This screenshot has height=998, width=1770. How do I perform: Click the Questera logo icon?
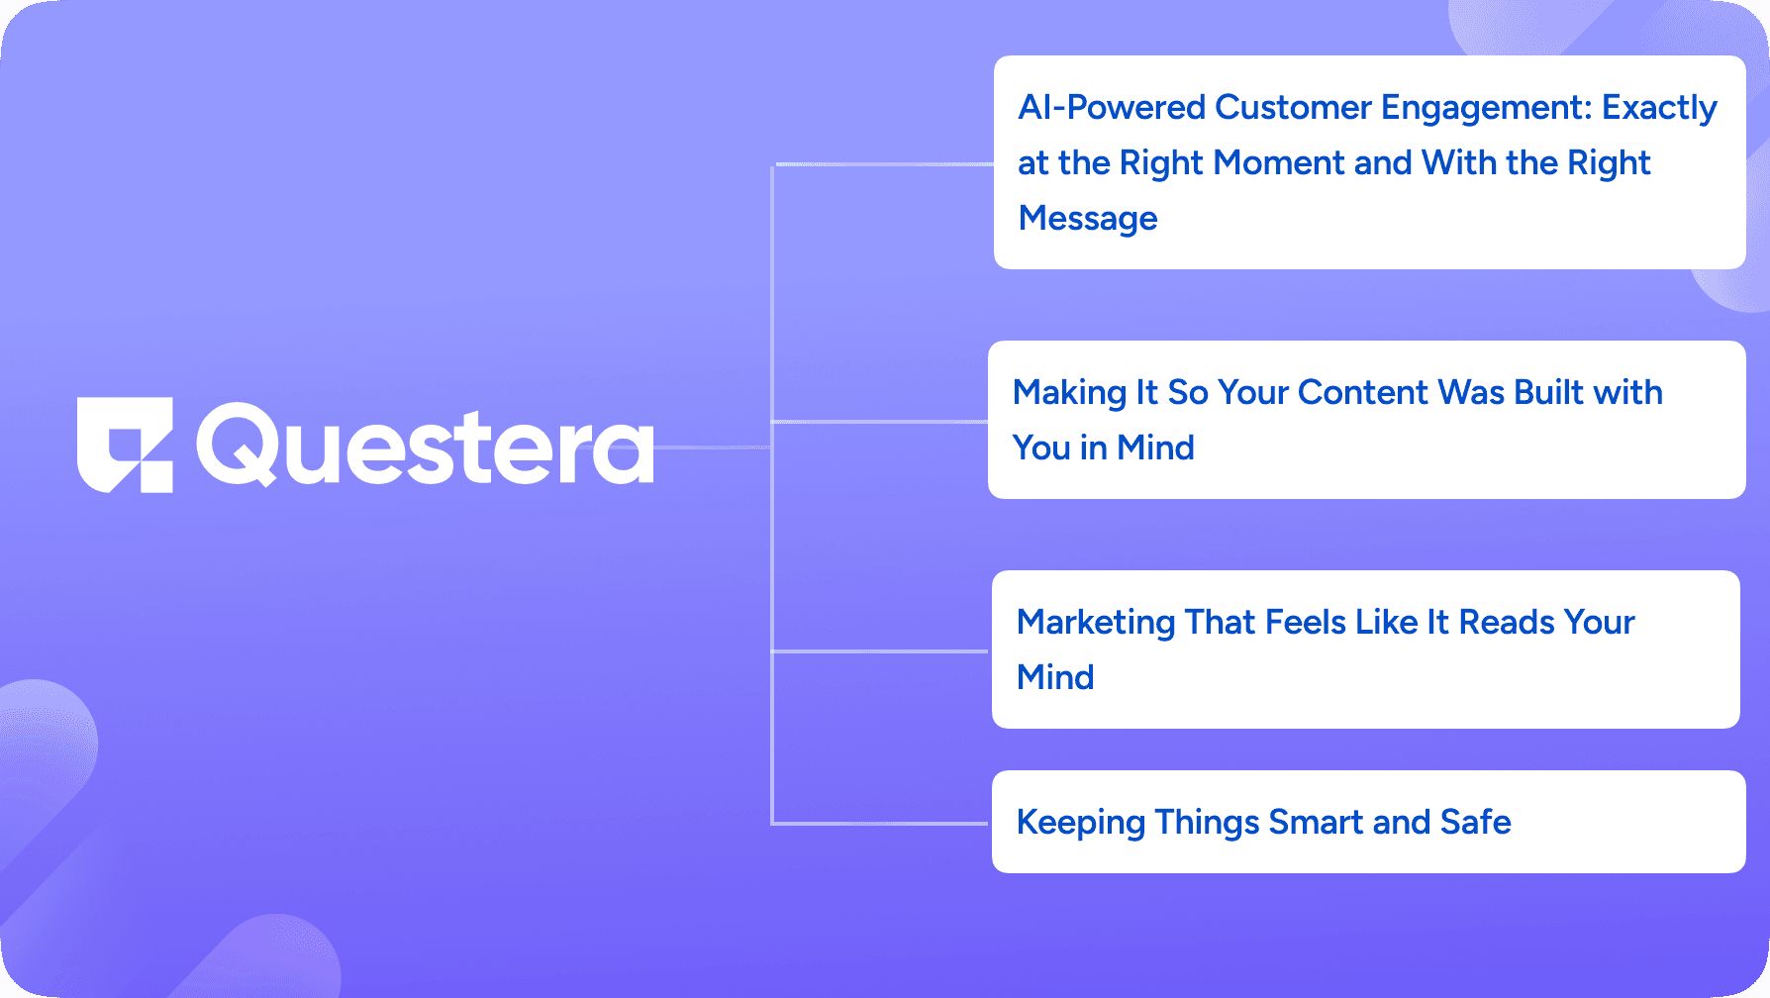coord(125,445)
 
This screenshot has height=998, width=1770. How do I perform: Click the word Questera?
coord(425,446)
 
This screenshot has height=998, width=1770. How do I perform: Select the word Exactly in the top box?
coord(1660,108)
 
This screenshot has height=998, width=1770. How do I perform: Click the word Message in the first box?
coord(1088,219)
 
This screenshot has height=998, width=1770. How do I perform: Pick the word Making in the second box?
coord(1070,393)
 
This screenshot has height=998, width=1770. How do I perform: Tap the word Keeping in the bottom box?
coord(1081,823)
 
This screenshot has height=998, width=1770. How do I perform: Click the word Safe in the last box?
coord(1475,822)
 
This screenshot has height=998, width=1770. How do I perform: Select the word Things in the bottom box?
coord(1207,823)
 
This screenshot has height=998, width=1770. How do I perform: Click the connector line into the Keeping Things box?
coord(881,823)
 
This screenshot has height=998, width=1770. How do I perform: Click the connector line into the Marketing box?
coord(881,650)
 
